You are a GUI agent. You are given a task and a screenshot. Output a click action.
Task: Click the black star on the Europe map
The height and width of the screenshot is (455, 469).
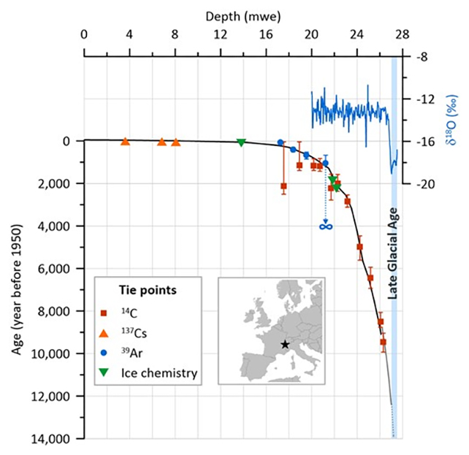pyautogui.click(x=284, y=345)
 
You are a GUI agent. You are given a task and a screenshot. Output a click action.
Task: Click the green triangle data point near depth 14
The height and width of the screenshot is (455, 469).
pyautogui.click(x=241, y=142)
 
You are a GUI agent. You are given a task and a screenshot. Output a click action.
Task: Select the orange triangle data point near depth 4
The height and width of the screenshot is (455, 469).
pyautogui.click(x=125, y=142)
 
